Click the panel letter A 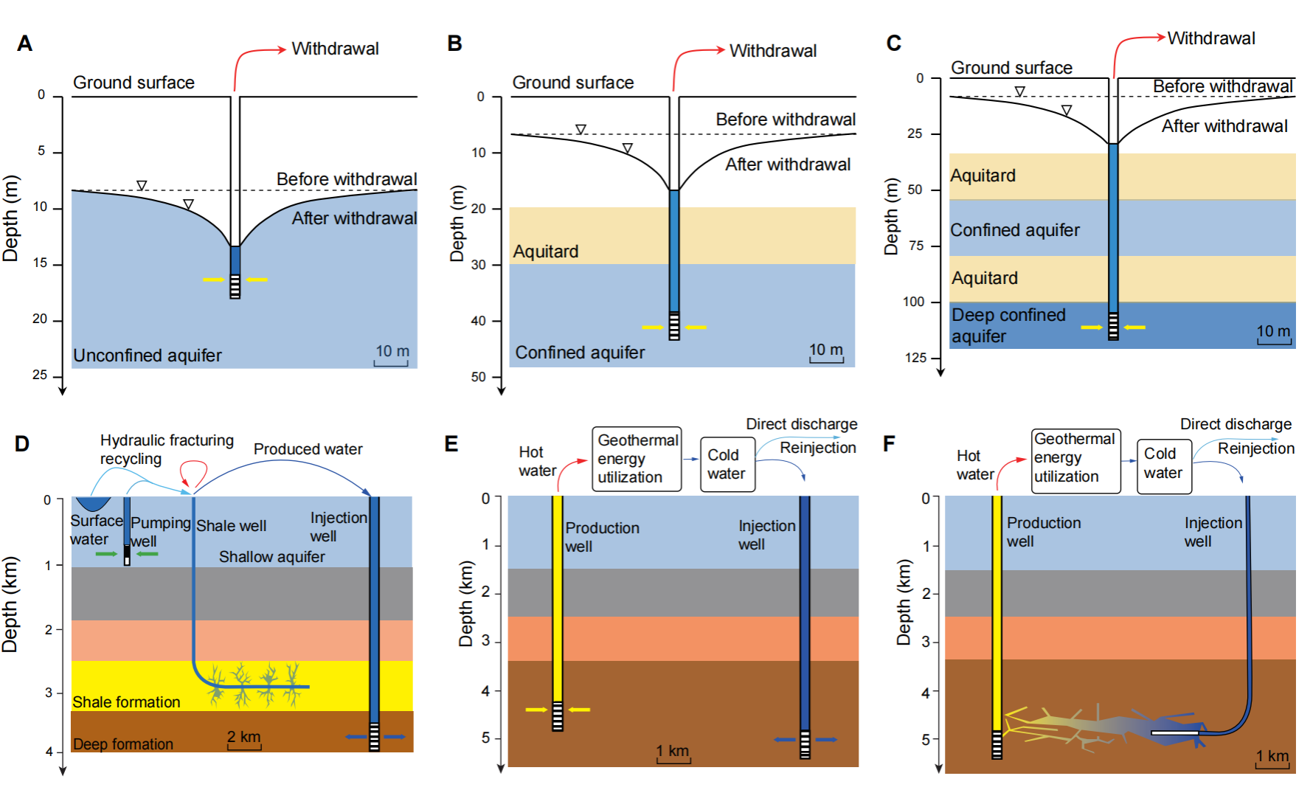(x=24, y=44)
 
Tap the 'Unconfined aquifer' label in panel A (x=147, y=356)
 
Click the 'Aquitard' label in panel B (x=545, y=252)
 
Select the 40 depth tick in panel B (x=479, y=321)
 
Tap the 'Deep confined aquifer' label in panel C (x=1008, y=325)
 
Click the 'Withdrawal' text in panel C (x=1210, y=38)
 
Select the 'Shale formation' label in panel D (x=126, y=702)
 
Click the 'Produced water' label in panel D (x=308, y=449)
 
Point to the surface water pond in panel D (x=93, y=503)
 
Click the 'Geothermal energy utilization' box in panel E (x=637, y=459)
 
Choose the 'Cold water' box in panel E (x=727, y=464)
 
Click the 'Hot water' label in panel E (x=537, y=461)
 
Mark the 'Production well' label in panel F (x=1043, y=532)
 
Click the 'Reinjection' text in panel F (x=1255, y=448)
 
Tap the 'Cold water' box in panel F (x=1164, y=463)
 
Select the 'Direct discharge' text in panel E (x=801, y=424)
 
